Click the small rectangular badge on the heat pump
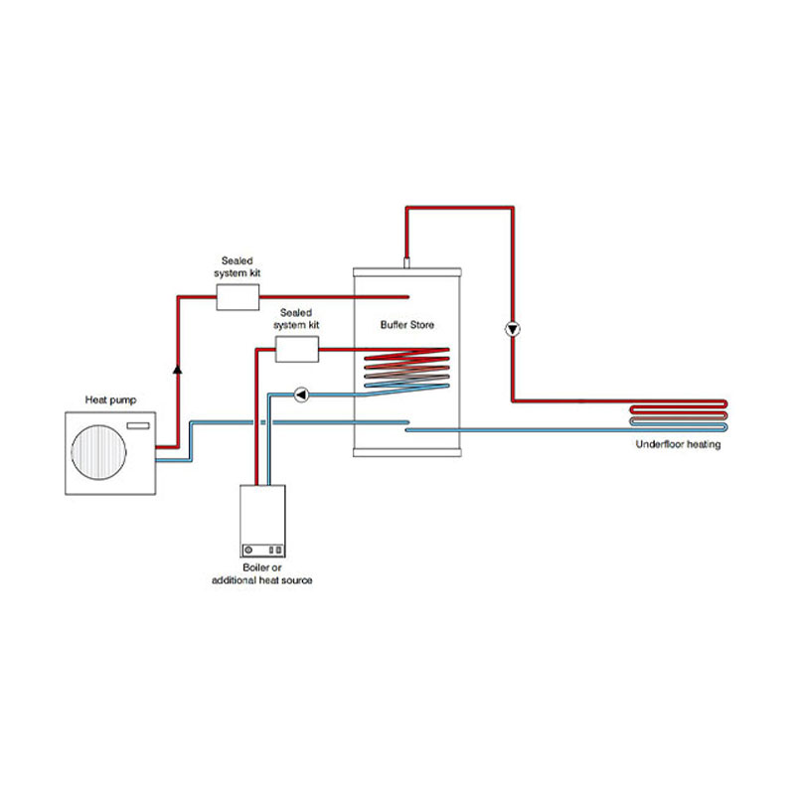138,427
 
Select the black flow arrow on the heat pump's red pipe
177,368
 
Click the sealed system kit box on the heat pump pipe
237,296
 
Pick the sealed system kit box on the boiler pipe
296,348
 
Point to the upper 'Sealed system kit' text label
240,266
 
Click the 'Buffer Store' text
407,325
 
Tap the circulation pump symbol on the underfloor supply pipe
513,329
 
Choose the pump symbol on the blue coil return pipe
302,395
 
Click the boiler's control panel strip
262,548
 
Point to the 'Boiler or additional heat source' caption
262,573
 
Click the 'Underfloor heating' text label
678,444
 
